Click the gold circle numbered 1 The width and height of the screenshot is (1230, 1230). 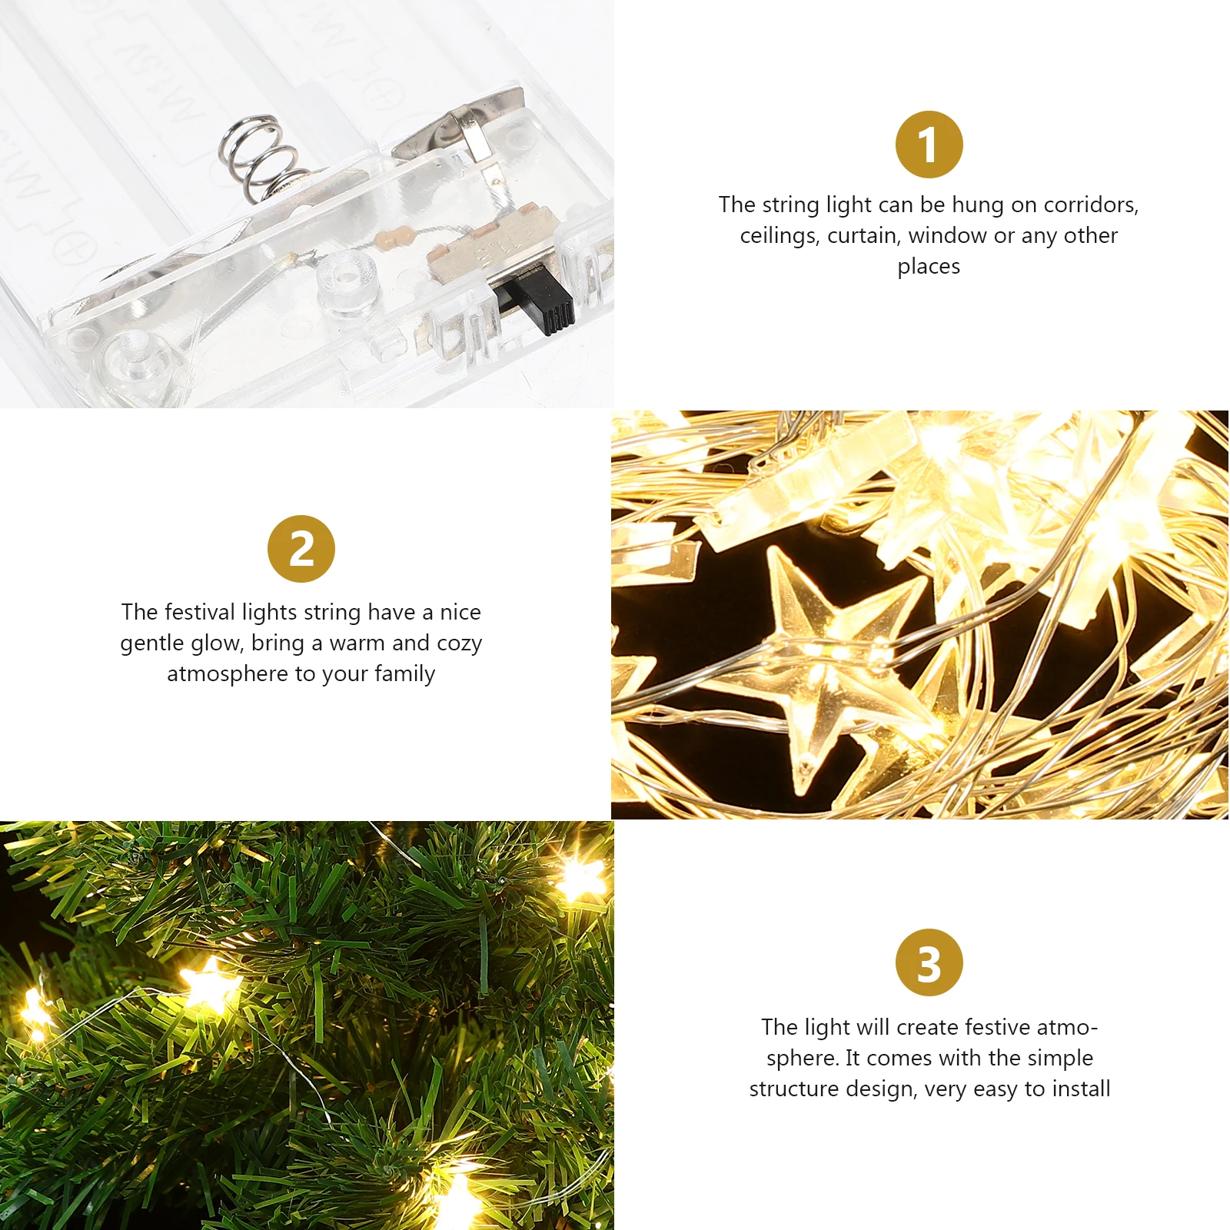coord(929,145)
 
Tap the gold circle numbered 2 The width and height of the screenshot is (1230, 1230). coord(301,549)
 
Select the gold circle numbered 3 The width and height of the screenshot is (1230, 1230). coord(929,962)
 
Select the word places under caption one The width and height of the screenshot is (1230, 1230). coord(929,266)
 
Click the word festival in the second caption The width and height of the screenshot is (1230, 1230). coord(199,612)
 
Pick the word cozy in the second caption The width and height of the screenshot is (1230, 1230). coord(459,643)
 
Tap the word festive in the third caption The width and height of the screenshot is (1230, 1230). coord(998,1027)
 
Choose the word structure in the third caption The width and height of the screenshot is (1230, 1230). coord(794,1089)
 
